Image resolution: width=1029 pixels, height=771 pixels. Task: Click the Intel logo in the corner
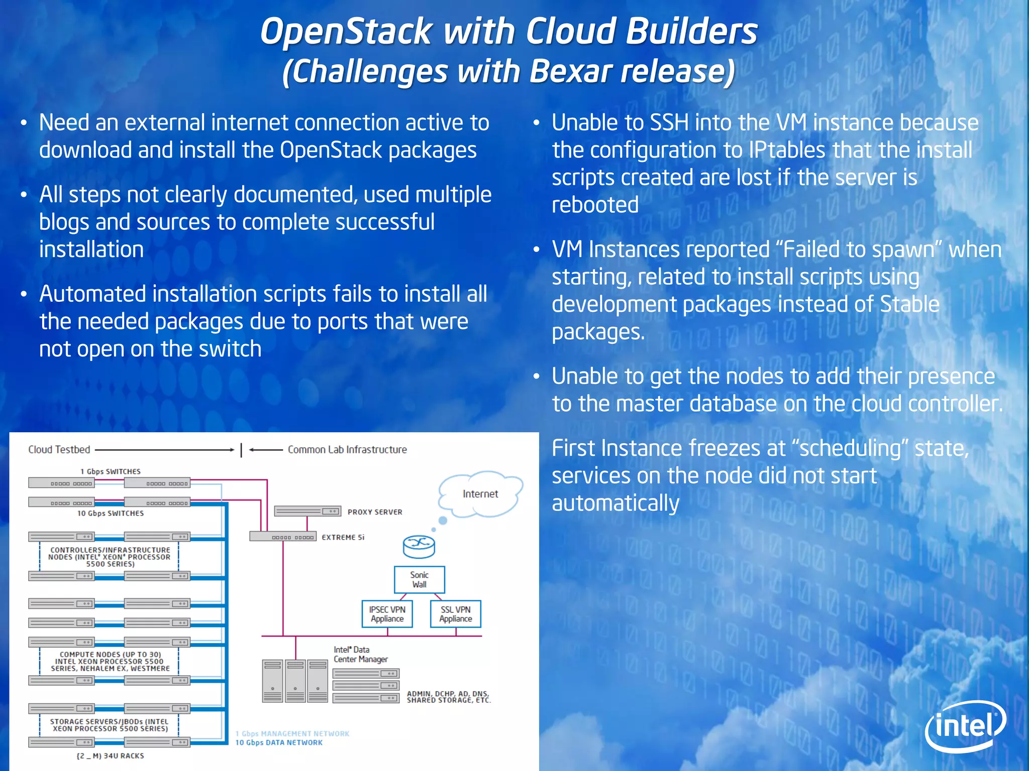point(965,726)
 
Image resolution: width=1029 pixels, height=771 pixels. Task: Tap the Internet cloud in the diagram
point(480,494)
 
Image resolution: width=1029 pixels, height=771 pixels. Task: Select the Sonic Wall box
point(419,580)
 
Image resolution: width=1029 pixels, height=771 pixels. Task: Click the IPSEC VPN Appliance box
point(387,614)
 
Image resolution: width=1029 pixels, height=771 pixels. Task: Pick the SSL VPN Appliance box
point(455,614)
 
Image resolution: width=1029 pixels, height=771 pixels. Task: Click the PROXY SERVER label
point(375,512)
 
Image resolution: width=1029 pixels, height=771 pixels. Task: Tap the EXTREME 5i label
point(343,537)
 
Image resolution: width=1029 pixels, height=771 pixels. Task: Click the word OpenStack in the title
point(346,31)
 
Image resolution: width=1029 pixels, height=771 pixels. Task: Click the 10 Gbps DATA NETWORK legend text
point(279,742)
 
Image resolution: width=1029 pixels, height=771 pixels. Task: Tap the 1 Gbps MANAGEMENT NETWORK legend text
point(292,733)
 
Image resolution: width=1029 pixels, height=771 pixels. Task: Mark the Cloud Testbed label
point(59,450)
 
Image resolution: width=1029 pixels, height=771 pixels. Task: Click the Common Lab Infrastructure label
point(347,450)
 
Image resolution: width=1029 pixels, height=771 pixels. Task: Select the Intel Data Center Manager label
point(360,654)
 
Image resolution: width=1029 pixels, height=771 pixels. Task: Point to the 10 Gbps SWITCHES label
point(110,513)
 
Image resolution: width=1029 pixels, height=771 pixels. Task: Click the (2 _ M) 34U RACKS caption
point(110,755)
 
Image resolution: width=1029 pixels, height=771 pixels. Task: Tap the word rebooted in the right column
point(595,205)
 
